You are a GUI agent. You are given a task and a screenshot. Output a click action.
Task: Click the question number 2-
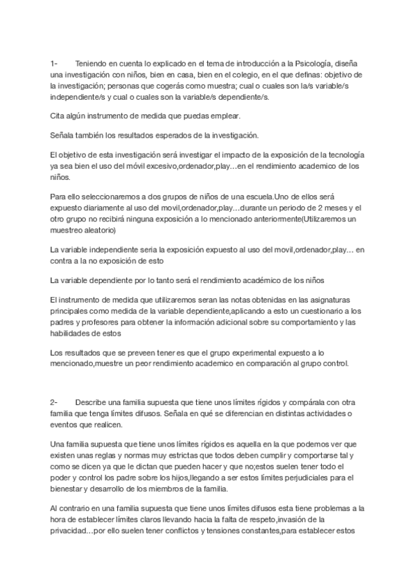click(x=55, y=403)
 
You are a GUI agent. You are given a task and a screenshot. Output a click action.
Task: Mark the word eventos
click(x=66, y=424)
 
